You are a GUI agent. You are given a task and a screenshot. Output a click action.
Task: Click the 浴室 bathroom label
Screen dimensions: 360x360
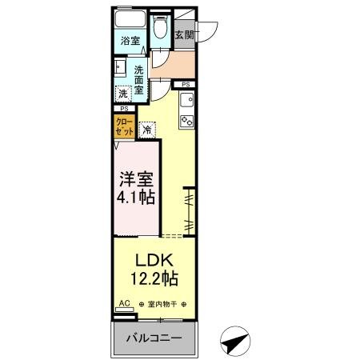pos(130,41)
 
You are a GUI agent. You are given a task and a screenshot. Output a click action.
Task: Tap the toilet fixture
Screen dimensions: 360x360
pos(160,27)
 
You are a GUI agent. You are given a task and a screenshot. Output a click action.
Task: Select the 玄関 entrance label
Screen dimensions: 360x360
pos(184,35)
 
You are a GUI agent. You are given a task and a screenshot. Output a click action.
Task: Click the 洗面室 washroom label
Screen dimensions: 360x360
pos(139,80)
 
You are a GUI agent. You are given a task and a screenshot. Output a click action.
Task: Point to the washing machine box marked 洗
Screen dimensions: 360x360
pos(123,94)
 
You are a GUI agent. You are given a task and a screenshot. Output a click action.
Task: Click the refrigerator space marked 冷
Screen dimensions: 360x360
pos(147,130)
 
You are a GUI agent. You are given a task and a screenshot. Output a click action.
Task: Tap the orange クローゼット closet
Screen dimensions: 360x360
pos(125,126)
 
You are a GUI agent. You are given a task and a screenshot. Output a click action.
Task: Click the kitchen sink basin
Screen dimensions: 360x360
pos(186,100)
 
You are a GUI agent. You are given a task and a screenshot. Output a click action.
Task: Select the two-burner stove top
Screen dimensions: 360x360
pos(186,121)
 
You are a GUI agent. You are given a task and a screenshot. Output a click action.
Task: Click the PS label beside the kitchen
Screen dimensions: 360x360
pos(186,85)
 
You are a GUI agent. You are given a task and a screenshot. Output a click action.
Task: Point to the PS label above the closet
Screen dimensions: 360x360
pos(124,109)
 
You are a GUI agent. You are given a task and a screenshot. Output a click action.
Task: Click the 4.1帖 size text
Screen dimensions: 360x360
pos(136,198)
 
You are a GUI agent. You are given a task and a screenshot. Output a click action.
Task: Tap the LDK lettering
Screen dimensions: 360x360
pos(154,260)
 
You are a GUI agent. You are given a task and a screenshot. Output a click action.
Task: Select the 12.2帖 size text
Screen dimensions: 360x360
pos(154,278)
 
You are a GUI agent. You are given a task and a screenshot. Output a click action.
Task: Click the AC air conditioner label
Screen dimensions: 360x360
pos(125,303)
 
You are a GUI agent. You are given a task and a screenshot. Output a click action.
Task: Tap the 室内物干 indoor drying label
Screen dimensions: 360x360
pos(162,304)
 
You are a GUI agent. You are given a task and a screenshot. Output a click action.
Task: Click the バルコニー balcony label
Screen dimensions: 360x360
pos(154,338)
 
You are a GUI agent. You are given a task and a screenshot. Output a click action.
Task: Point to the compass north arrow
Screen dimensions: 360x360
pos(235,341)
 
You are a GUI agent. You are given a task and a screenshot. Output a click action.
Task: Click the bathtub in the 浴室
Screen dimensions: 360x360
pos(130,19)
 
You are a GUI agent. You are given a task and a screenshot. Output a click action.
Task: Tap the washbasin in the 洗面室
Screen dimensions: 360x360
pos(120,67)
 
